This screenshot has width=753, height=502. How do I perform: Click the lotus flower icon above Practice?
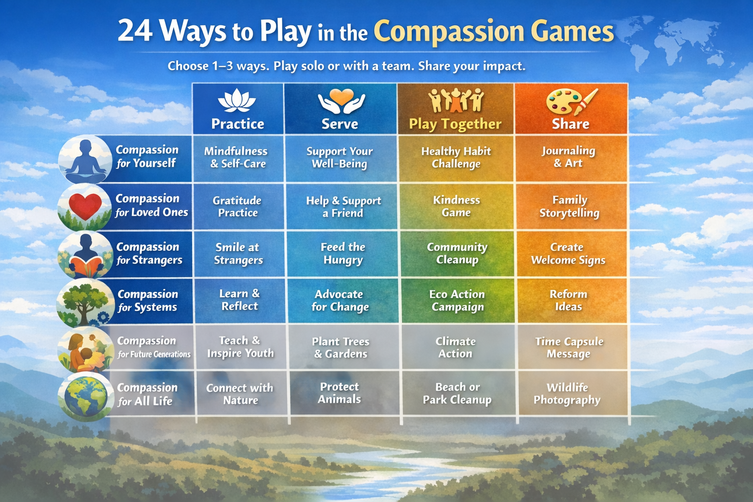pos(237,100)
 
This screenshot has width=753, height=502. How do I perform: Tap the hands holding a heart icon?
pos(342,101)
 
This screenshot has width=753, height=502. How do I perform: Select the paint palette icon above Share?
pos(572,101)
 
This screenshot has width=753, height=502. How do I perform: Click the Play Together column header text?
pos(455,124)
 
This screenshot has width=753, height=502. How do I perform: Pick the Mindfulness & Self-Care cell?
pos(238,158)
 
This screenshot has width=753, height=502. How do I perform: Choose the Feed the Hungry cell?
pos(342,253)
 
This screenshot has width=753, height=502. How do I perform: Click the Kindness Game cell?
pos(456,206)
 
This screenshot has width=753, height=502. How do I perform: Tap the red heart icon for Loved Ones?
pos(85,206)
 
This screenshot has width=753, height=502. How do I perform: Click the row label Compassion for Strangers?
pos(149,253)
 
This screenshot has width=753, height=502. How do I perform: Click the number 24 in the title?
pos(135,31)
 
